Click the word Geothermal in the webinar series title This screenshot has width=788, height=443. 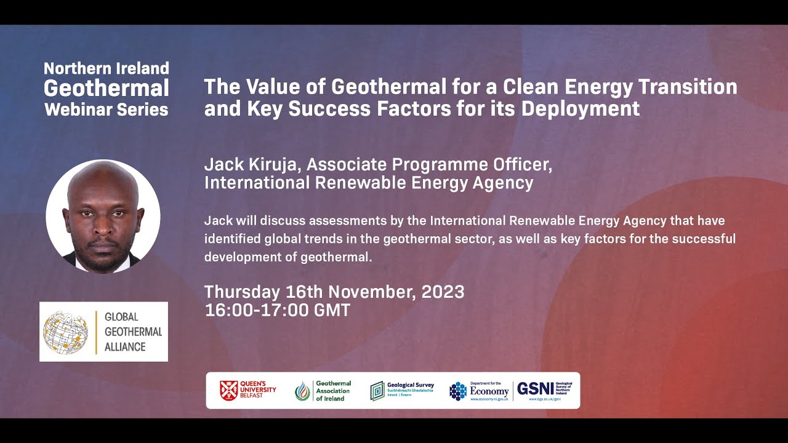click(107, 89)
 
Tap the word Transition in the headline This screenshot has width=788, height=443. click(693, 87)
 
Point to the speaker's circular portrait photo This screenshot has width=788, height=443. click(103, 216)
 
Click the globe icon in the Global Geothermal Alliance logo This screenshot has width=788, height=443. click(65, 332)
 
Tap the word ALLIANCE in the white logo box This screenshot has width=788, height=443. click(125, 346)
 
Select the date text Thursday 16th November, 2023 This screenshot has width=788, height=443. click(334, 292)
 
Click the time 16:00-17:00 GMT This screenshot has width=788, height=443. click(277, 310)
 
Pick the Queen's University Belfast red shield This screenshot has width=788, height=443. click(229, 390)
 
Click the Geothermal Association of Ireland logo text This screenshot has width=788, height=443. click(332, 391)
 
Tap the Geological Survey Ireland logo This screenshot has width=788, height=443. click(402, 390)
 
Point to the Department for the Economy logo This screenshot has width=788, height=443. click(480, 390)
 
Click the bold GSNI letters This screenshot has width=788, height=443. click(535, 389)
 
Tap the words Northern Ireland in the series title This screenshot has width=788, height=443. click(107, 68)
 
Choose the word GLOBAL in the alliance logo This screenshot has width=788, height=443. click(121, 317)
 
